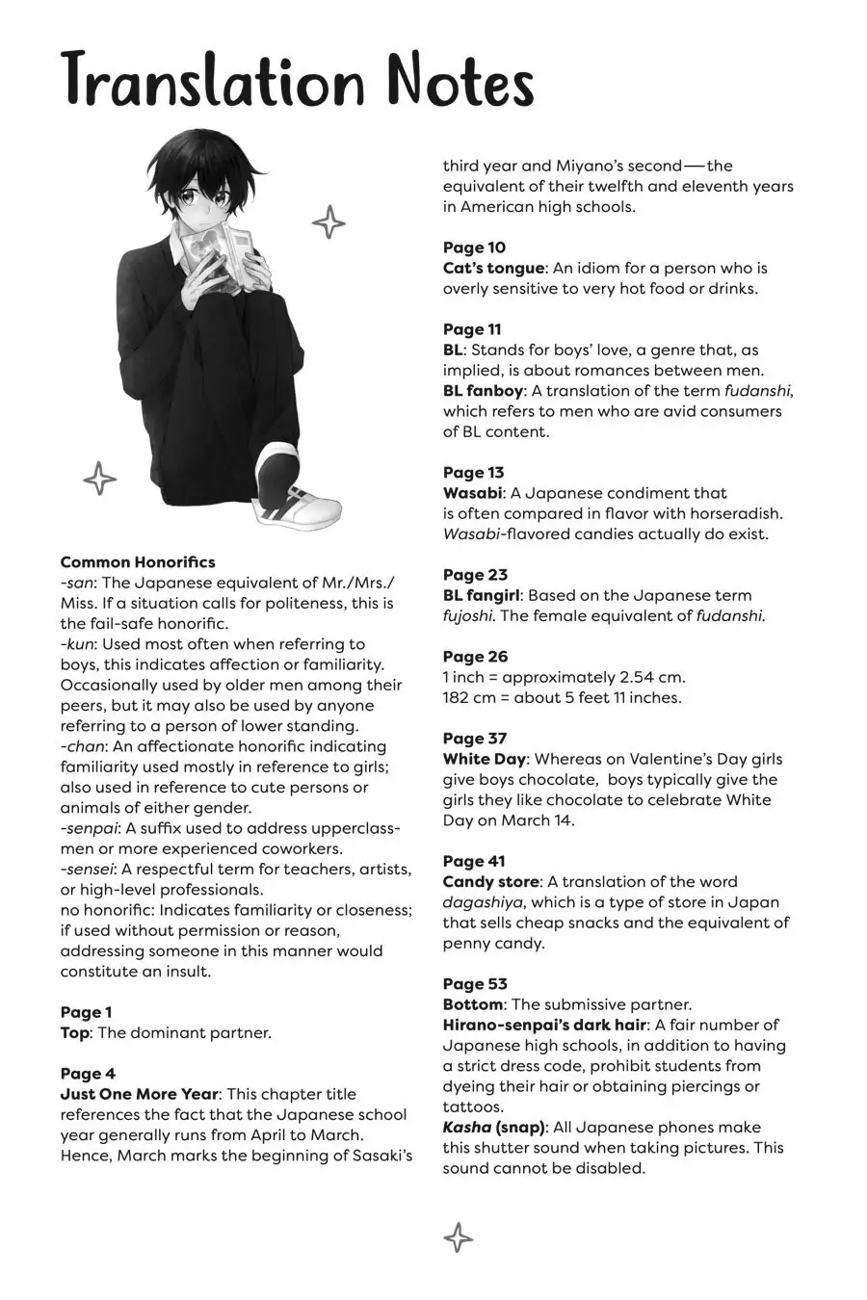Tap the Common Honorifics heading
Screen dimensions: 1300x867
(x=138, y=562)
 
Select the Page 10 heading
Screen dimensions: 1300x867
(x=474, y=247)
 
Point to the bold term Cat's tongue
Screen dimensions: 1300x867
(x=493, y=268)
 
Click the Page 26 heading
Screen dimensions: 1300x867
(x=475, y=657)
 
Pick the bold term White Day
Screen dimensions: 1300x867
(x=485, y=759)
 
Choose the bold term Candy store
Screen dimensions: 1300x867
(x=493, y=882)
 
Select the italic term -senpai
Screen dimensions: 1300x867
(x=89, y=828)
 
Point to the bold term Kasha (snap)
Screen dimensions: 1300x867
(x=494, y=1128)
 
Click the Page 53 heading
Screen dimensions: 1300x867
(x=475, y=984)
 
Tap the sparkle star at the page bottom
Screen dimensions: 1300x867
(x=458, y=1237)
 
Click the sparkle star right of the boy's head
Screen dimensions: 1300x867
(x=328, y=222)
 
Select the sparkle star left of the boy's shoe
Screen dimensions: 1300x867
(x=98, y=478)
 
